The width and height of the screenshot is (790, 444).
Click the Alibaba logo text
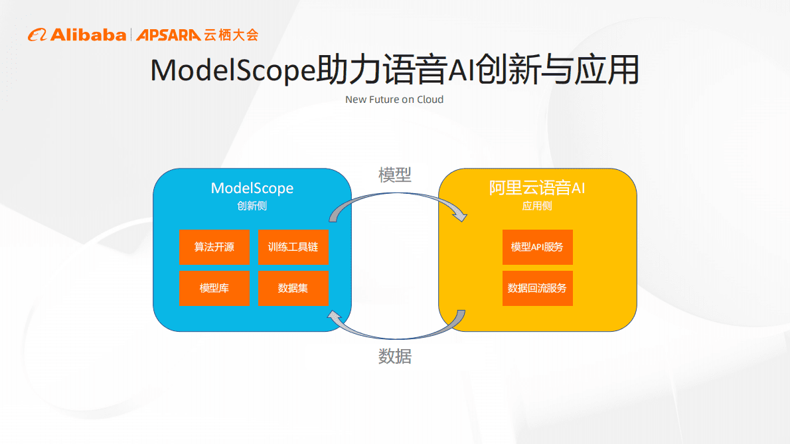tap(86, 35)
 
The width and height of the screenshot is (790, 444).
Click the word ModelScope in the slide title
tap(232, 70)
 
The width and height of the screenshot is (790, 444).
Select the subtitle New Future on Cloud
tap(394, 100)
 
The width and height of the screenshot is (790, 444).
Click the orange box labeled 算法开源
tap(214, 247)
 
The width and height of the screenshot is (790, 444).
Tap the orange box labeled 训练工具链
tap(293, 247)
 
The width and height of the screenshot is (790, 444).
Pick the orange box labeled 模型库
tap(214, 288)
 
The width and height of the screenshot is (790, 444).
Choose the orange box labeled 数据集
tap(293, 288)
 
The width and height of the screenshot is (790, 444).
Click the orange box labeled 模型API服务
tap(537, 247)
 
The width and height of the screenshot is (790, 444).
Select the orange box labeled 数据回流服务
tap(537, 288)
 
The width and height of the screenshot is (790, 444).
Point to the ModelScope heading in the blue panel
tap(252, 188)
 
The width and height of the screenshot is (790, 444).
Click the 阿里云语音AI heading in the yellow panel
tap(537, 188)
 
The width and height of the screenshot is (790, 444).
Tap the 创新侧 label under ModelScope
tap(252, 206)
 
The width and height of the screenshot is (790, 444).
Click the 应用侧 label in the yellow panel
tap(537, 206)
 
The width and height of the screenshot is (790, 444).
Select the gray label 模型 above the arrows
tap(395, 175)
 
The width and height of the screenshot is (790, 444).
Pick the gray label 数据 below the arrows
tap(395, 356)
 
